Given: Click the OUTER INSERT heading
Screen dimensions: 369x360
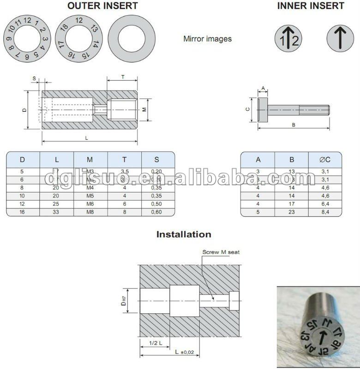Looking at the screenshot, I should [102, 6].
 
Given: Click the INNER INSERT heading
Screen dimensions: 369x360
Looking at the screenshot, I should [311, 6].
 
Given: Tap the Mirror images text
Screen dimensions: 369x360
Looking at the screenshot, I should [207, 39].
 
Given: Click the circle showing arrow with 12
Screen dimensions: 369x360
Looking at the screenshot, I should [288, 39].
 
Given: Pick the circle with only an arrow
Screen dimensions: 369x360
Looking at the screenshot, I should [340, 39].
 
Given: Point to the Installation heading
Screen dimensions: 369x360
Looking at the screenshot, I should [184, 234].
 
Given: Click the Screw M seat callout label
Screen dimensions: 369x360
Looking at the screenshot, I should [221, 252].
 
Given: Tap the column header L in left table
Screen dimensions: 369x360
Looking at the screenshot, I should [57, 160].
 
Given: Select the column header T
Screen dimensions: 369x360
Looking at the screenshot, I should [124, 160].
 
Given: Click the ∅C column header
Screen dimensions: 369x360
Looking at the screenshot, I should [325, 160].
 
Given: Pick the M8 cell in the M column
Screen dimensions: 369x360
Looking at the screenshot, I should [90, 212].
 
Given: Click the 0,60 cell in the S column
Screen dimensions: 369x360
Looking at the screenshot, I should [157, 212].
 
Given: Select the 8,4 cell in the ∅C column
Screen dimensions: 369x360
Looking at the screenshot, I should [325, 212].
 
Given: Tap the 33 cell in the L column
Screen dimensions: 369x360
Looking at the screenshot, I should [57, 212].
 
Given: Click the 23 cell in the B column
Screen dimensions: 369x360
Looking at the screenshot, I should [292, 212].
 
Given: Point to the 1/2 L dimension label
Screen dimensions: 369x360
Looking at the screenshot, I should [155, 343].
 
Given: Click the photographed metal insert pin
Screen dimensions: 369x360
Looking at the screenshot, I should [319, 328].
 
